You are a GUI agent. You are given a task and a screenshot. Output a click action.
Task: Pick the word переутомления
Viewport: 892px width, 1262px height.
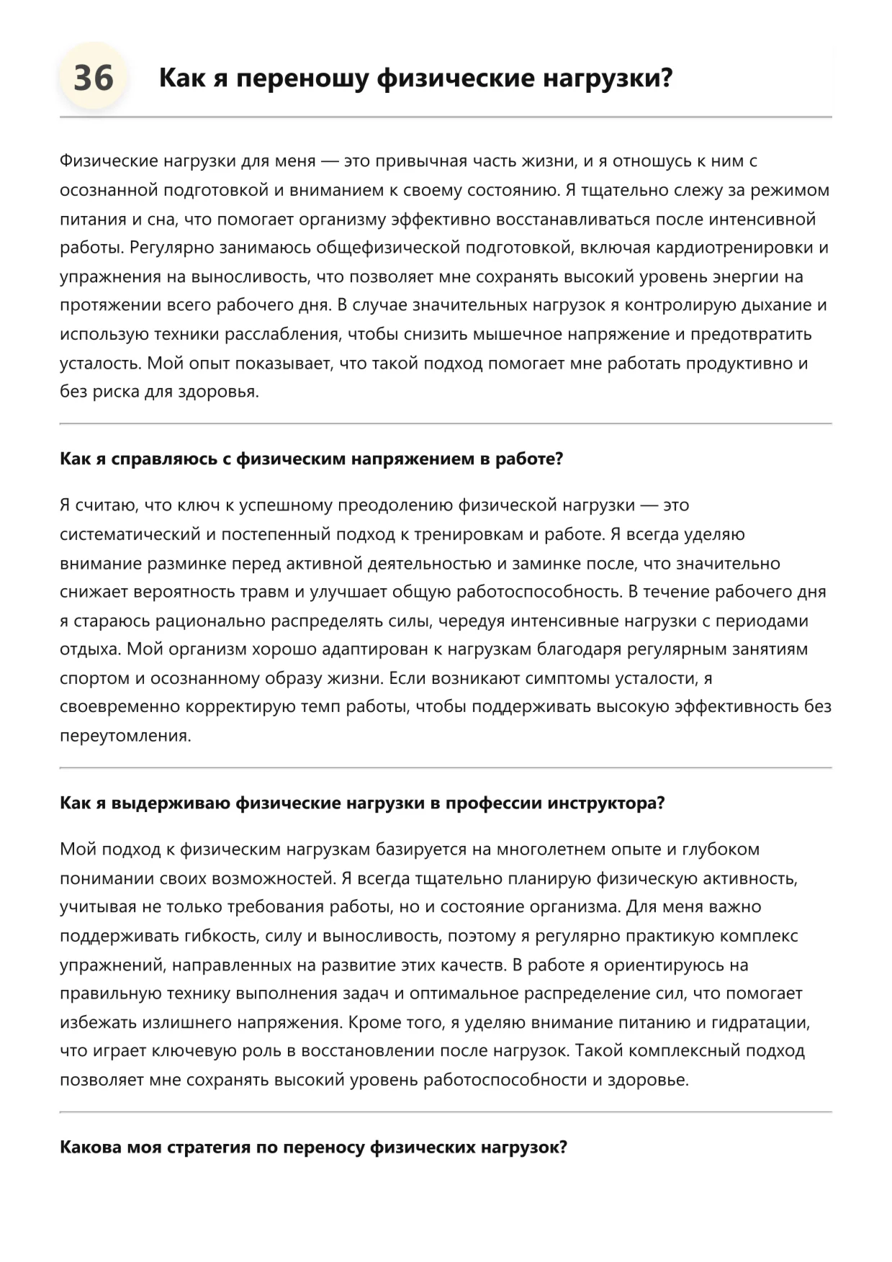tap(125, 736)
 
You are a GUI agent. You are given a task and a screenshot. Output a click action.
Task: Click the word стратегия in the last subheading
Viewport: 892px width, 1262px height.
tap(209, 1148)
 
